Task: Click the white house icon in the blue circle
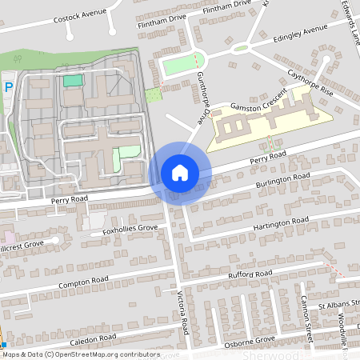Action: (x=180, y=173)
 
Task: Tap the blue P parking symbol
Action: (x=8, y=87)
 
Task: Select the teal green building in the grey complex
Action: (x=73, y=80)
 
